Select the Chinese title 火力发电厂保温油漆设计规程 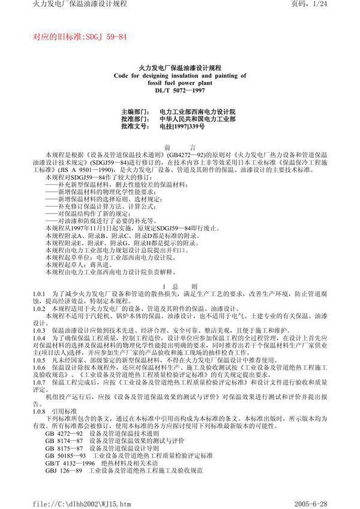pyautogui.click(x=179, y=69)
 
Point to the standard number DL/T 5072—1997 pyautogui.click(x=179, y=91)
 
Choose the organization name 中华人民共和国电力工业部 pyautogui.click(x=197, y=119)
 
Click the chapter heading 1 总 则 pyautogui.click(x=179, y=287)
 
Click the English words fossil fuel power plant pyautogui.click(x=179, y=83)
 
